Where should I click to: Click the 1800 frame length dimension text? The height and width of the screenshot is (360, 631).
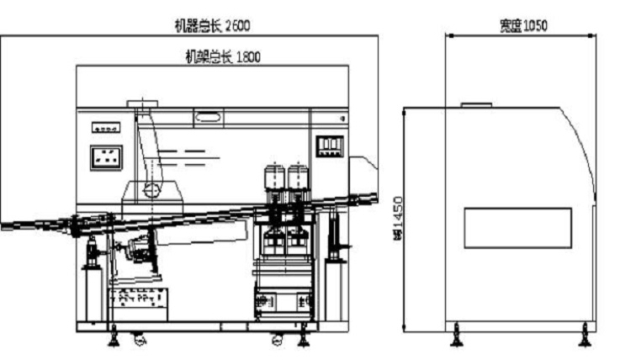(223, 57)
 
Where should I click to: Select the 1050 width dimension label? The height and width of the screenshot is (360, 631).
(522, 25)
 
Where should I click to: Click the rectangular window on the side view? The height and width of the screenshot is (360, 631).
(517, 227)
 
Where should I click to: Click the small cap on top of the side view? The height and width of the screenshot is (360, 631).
(475, 104)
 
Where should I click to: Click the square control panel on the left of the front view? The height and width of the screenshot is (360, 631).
(106, 157)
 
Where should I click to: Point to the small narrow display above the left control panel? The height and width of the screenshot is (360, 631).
(105, 127)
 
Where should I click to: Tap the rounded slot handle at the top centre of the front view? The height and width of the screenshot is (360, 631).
(211, 117)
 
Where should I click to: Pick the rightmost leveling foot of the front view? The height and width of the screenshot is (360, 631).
(302, 339)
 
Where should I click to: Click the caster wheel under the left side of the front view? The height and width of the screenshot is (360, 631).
(137, 341)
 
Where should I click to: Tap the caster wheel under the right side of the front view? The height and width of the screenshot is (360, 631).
(277, 341)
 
